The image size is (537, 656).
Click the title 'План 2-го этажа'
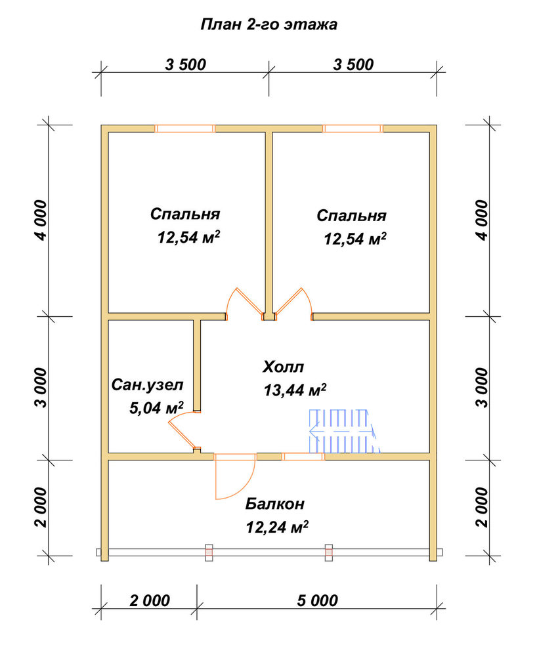tap(268, 24)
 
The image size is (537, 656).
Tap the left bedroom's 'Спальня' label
tap(185, 214)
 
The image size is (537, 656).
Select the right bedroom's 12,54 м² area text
tap(355, 239)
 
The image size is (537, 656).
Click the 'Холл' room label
tap(284, 367)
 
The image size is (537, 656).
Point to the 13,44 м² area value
tap(295, 390)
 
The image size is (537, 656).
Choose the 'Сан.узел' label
tap(147, 385)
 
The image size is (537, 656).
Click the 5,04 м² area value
tap(156, 407)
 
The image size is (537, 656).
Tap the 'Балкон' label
tap(274, 504)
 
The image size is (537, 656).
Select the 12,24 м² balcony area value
tap(277, 527)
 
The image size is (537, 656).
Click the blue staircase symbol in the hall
tap(345, 431)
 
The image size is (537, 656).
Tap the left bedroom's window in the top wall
tap(185, 129)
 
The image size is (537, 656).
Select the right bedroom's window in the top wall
tap(353, 129)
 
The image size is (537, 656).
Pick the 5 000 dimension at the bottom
tap(318, 600)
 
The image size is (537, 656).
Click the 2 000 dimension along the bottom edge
tap(150, 600)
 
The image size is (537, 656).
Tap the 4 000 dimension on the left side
tap(42, 220)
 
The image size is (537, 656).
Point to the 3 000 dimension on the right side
tap(482, 388)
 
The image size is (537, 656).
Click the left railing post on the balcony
tap(209, 552)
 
